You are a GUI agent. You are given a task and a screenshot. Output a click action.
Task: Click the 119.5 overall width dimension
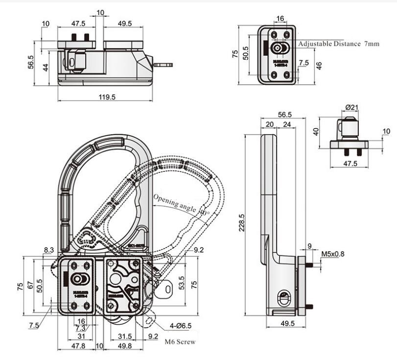click(107, 97)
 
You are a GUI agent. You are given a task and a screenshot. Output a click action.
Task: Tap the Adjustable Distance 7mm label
click(339, 44)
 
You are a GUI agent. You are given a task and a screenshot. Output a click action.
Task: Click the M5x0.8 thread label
click(332, 254)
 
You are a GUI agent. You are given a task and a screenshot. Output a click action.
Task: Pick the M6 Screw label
click(179, 341)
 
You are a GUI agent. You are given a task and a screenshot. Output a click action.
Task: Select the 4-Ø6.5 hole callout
click(181, 326)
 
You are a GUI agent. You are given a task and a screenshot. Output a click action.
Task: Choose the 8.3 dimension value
click(48, 250)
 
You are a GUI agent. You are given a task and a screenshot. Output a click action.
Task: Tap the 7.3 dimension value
click(81, 328)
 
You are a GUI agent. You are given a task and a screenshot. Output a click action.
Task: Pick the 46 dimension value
click(319, 66)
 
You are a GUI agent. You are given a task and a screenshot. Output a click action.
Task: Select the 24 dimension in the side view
click(286, 124)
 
